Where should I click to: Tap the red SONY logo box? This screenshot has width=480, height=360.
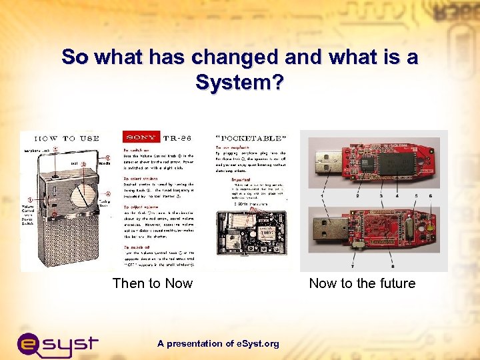tap(140, 137)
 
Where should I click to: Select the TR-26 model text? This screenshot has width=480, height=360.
tap(178, 137)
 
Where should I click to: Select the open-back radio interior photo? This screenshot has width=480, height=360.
tap(252, 237)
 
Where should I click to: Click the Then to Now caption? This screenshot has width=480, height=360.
tap(153, 283)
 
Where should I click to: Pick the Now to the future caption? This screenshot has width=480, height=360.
tap(362, 283)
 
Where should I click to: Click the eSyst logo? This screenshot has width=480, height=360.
tap(57, 343)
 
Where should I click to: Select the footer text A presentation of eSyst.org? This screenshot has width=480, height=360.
tap(218, 343)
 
